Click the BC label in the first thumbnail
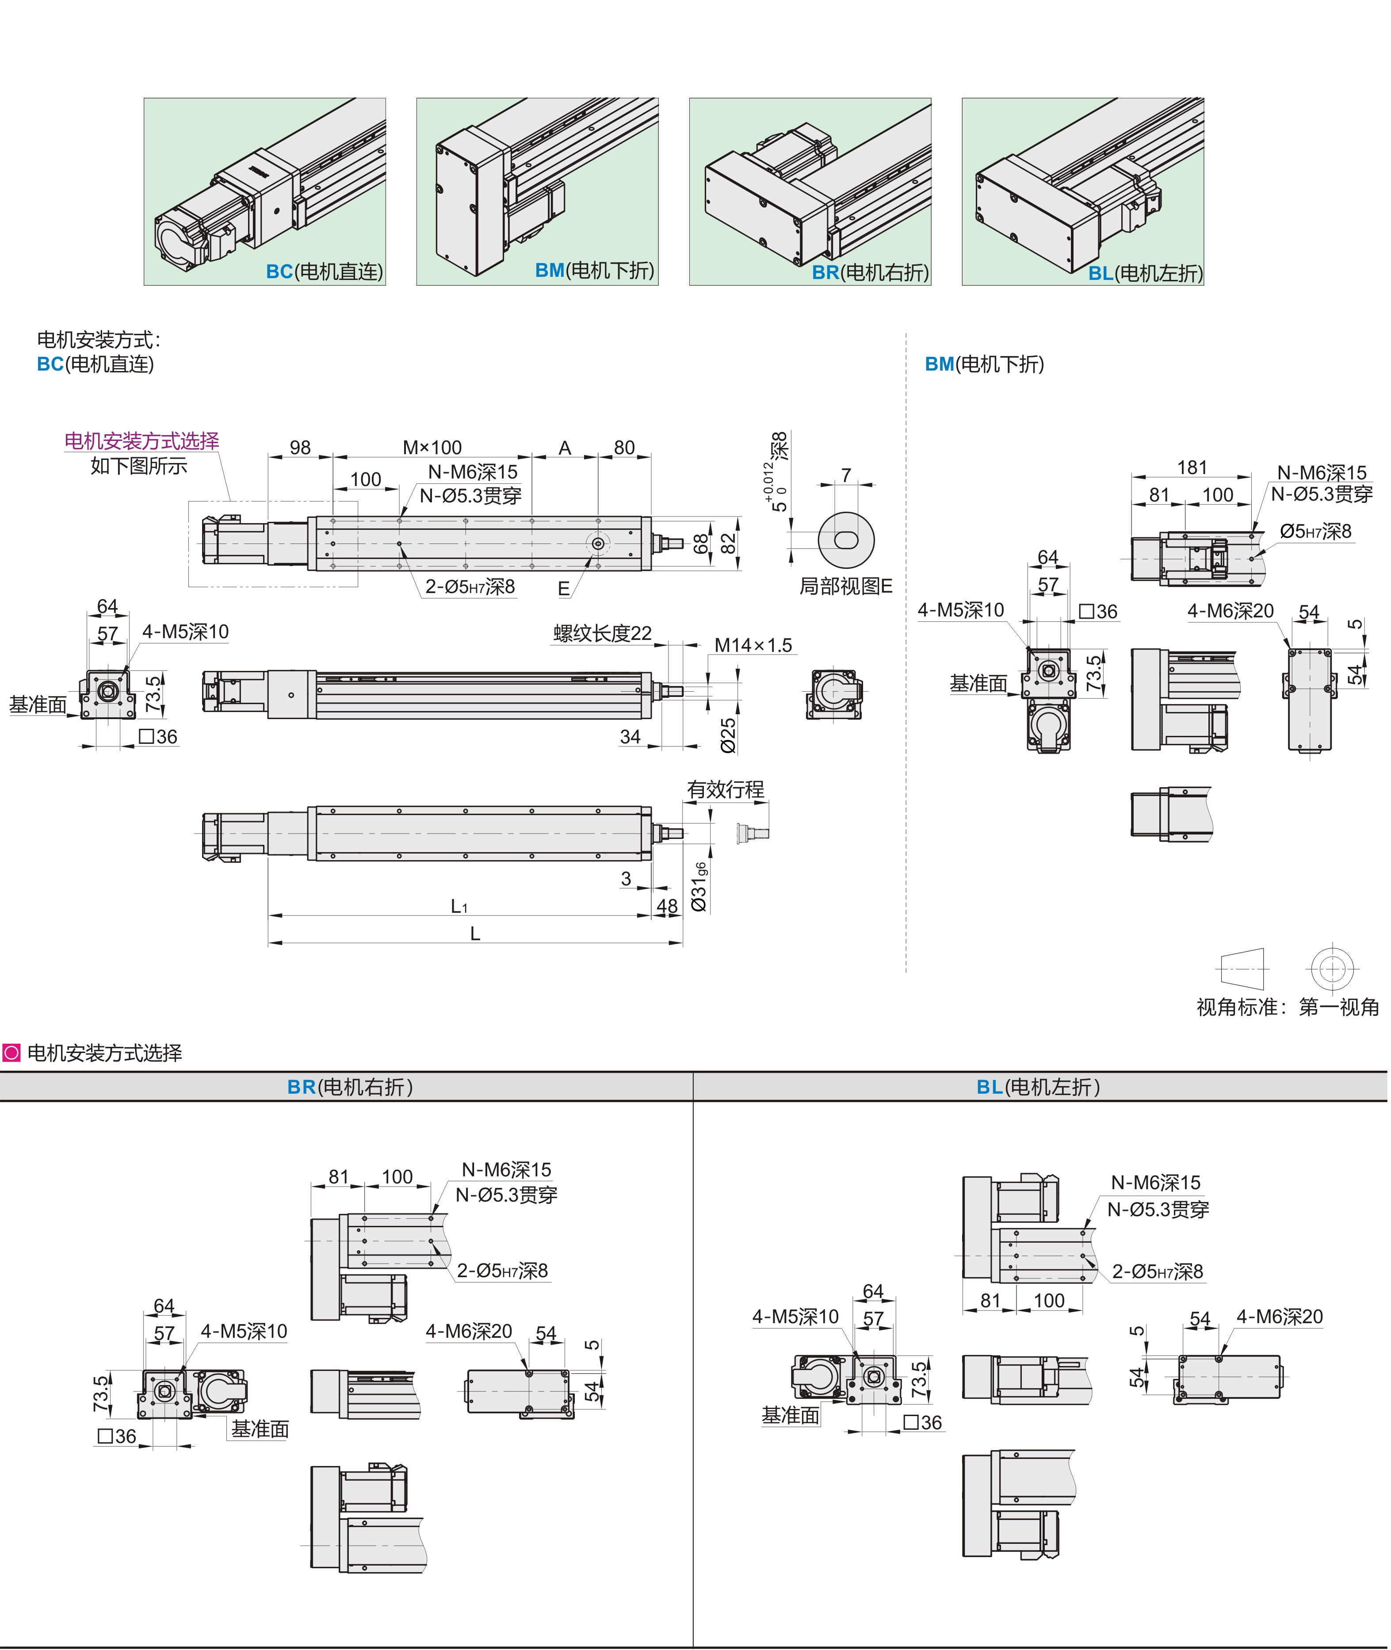pyautogui.click(x=279, y=272)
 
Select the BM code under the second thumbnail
pyautogui.click(x=550, y=271)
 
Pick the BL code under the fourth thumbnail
pyautogui.click(x=1101, y=274)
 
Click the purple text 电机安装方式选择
pyautogui.click(x=142, y=441)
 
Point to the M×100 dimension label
pyautogui.click(x=432, y=448)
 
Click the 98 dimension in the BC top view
pyautogui.click(x=300, y=448)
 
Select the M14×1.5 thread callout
pyautogui.click(x=753, y=645)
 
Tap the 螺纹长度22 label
pyautogui.click(x=603, y=633)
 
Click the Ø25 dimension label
pyautogui.click(x=729, y=735)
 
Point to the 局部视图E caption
pyautogui.click(x=845, y=586)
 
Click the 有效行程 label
pyautogui.click(x=726, y=789)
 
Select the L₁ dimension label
pyautogui.click(x=459, y=906)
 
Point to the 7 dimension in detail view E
pyautogui.click(x=846, y=475)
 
